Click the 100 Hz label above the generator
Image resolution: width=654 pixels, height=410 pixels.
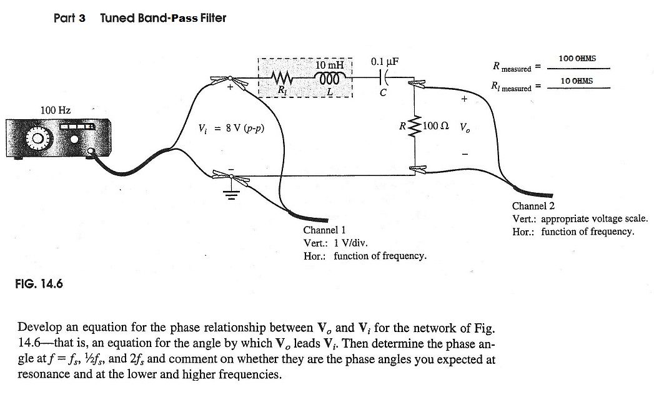[56, 110]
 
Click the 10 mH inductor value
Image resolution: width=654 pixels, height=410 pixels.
[329, 66]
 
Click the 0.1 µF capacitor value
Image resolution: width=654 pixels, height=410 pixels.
[384, 62]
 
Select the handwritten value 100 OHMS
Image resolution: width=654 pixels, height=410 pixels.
[577, 59]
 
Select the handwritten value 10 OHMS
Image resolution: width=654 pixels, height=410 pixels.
[577, 81]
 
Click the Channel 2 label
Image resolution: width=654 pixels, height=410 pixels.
[533, 206]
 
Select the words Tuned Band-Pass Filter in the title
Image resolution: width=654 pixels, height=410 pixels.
[163, 17]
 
